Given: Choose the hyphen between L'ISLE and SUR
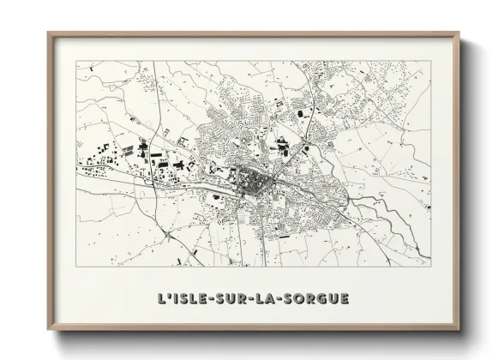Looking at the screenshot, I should coord(208,300).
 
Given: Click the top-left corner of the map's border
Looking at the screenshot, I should coord(76,61).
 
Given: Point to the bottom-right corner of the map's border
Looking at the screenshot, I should coord(430,267).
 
